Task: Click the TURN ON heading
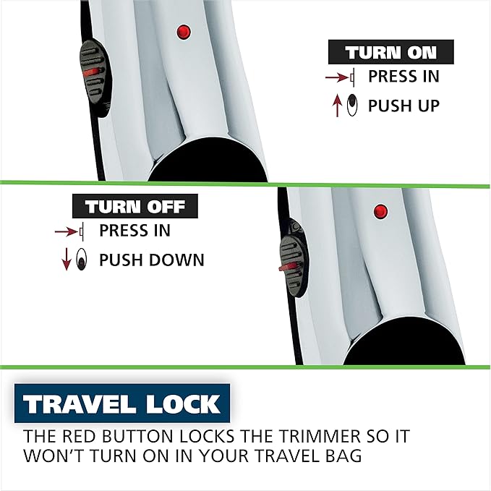click(391, 53)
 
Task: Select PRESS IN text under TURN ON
click(404, 77)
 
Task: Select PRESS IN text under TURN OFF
click(135, 231)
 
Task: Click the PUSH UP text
click(404, 106)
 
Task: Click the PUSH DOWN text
click(151, 260)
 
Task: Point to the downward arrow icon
click(67, 260)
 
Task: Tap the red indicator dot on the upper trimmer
click(184, 32)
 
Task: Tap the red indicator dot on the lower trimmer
click(379, 211)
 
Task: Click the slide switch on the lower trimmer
click(294, 256)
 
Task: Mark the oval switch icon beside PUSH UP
click(352, 105)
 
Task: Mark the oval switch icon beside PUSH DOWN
click(82, 260)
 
